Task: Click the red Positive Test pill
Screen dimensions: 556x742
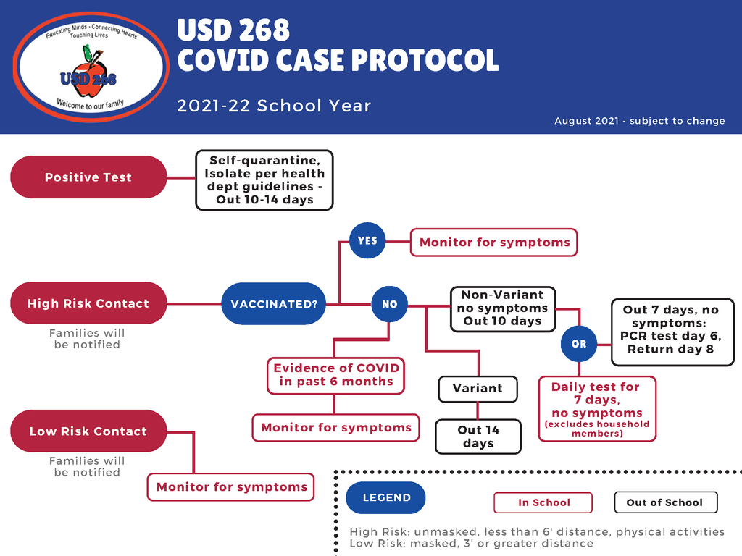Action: (x=88, y=177)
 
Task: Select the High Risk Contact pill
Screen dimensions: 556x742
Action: (x=88, y=303)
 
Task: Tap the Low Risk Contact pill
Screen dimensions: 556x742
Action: (x=88, y=431)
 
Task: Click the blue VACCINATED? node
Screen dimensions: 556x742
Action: (x=274, y=304)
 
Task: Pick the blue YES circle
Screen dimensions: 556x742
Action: (x=367, y=240)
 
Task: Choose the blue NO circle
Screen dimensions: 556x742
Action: (x=390, y=304)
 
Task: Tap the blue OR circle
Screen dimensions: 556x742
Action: (x=579, y=344)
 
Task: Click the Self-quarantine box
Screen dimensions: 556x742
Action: (x=264, y=180)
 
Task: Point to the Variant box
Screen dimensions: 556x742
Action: (x=478, y=389)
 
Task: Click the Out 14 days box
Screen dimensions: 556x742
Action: (x=478, y=437)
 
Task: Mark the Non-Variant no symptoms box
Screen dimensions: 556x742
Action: (x=502, y=308)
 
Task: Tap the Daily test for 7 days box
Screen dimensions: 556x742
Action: (x=597, y=408)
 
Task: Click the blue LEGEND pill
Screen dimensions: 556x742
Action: (x=385, y=497)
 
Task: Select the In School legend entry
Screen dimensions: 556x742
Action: (x=543, y=502)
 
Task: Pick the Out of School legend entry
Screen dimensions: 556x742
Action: (x=664, y=502)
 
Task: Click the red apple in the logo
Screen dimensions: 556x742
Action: (x=89, y=78)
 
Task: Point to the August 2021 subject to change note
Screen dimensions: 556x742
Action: (x=639, y=121)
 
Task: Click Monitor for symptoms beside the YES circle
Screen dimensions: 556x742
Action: (x=494, y=243)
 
